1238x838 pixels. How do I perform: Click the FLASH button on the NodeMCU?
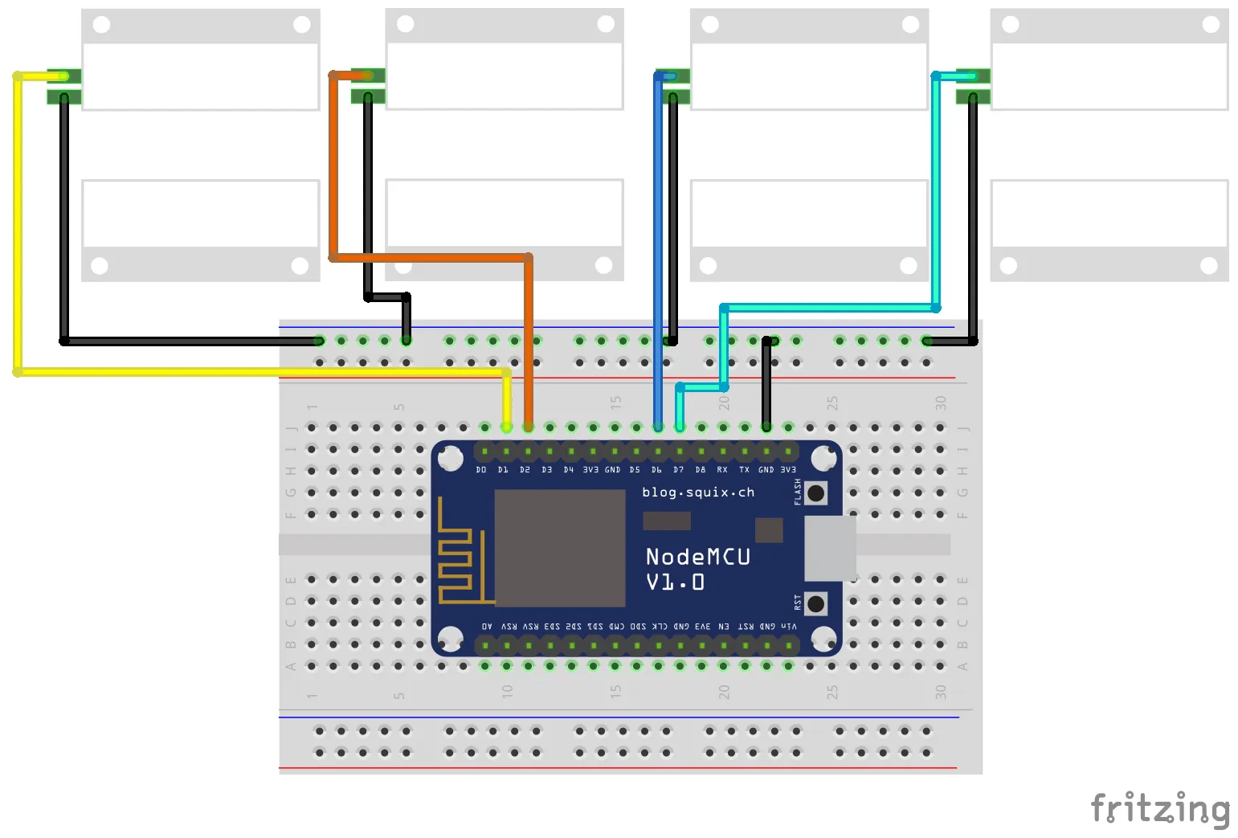[x=815, y=493]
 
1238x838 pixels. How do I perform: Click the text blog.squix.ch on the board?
[x=698, y=492]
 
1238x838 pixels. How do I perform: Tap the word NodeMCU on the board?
[x=697, y=557]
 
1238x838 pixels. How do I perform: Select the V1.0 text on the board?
[x=675, y=583]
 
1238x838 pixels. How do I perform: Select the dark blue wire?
[x=658, y=241]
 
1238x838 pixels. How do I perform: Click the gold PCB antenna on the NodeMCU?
[x=455, y=554]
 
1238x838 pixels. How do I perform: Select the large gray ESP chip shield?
[x=560, y=548]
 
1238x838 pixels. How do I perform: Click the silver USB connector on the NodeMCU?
[x=830, y=548]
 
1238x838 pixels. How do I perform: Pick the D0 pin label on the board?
[x=481, y=470]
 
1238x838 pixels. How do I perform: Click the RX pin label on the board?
[x=722, y=470]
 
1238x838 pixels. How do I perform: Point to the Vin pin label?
[x=789, y=626]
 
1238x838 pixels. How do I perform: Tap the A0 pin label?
[x=487, y=626]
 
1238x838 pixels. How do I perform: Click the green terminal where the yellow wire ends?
[x=64, y=77]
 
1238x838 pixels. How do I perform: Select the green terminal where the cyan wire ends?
[x=972, y=77]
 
